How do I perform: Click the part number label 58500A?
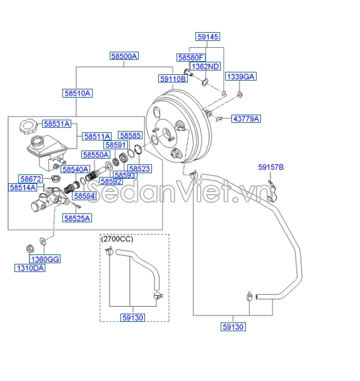tap(124, 56)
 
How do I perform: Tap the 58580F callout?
tap(191, 57)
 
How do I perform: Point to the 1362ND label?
tap(205, 66)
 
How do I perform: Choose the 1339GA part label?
tap(240, 76)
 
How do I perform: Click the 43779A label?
tap(246, 118)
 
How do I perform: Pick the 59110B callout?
tap(173, 79)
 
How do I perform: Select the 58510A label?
tap(78, 93)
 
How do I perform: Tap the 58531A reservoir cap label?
tap(57, 124)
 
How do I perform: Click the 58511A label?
tap(97, 136)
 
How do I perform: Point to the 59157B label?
tap(271, 167)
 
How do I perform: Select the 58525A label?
tap(77, 218)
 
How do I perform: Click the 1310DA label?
tap(30, 268)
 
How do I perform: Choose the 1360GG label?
tap(45, 259)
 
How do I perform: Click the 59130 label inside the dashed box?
tap(132, 317)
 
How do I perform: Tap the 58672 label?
tap(30, 179)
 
